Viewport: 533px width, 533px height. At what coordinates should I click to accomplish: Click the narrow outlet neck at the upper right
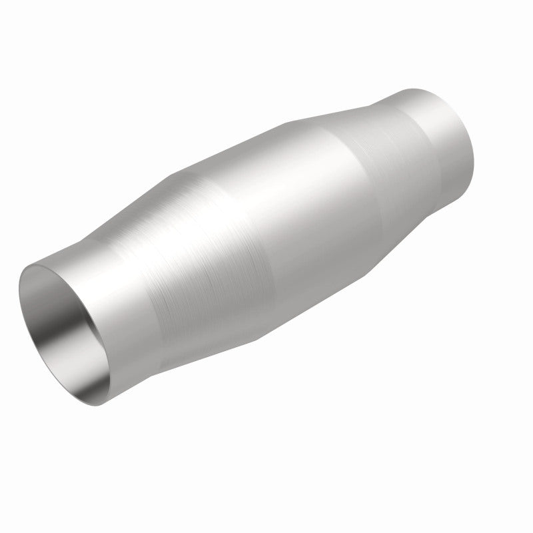(x=433, y=133)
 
